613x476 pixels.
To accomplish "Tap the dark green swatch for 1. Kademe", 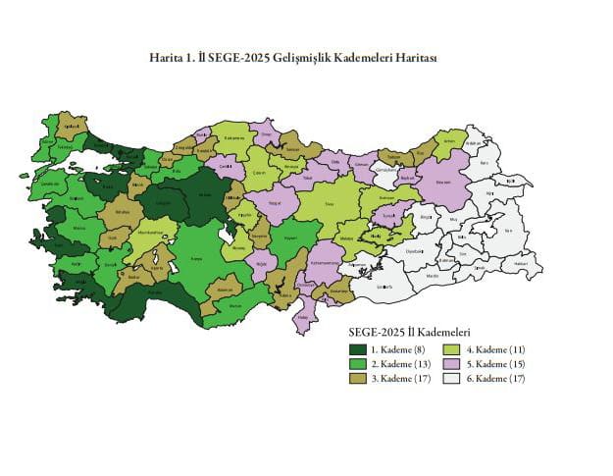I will point(357,349).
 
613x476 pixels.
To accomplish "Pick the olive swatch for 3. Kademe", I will point(357,378).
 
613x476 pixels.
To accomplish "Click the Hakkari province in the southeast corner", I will point(522,264).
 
